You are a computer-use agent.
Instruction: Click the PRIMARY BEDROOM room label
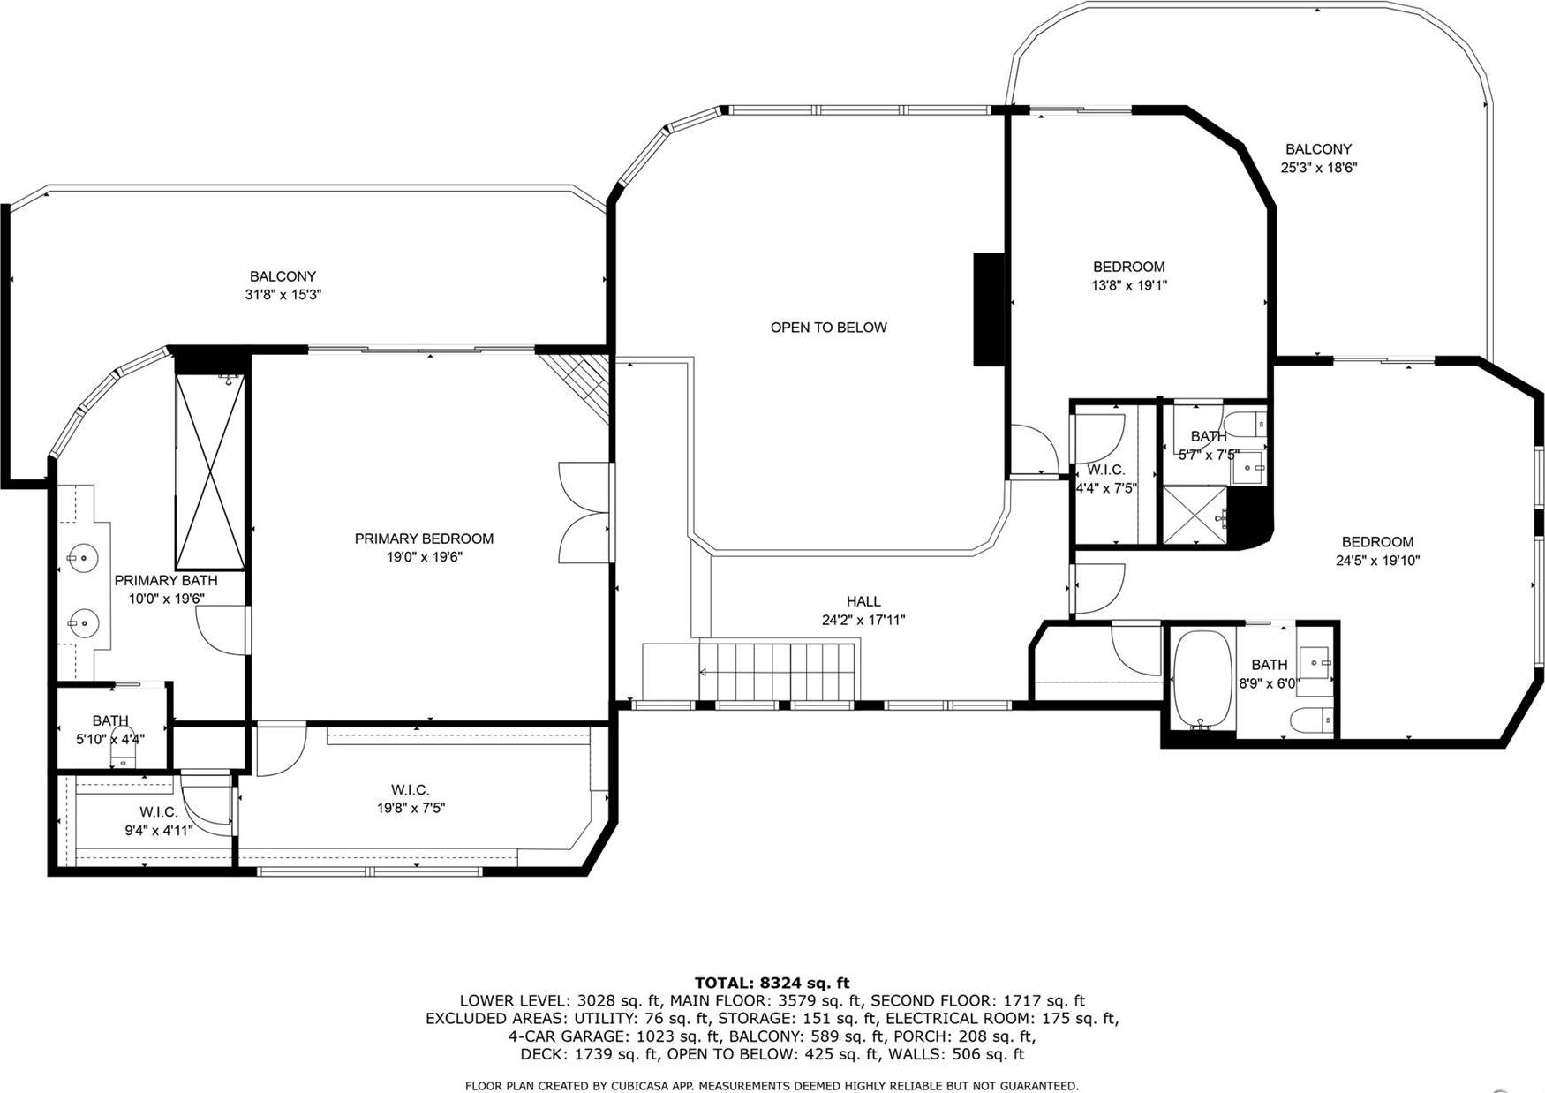[424, 539]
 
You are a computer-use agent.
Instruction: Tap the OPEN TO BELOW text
[828, 328]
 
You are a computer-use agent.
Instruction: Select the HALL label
[863, 601]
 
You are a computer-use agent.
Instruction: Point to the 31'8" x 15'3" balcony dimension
[283, 295]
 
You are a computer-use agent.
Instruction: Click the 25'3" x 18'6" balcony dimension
[1318, 168]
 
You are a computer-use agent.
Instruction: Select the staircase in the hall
[777, 671]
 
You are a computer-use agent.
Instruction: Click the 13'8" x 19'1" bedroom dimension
[1129, 285]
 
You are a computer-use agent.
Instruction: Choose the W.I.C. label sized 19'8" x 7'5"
[411, 790]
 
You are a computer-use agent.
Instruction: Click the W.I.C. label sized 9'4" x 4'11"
[159, 811]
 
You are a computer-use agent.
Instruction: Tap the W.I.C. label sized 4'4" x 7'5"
[1105, 471]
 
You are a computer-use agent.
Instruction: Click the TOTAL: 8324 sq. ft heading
[772, 983]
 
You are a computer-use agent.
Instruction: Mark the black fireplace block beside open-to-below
[989, 309]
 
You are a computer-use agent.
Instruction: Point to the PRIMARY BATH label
[166, 580]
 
